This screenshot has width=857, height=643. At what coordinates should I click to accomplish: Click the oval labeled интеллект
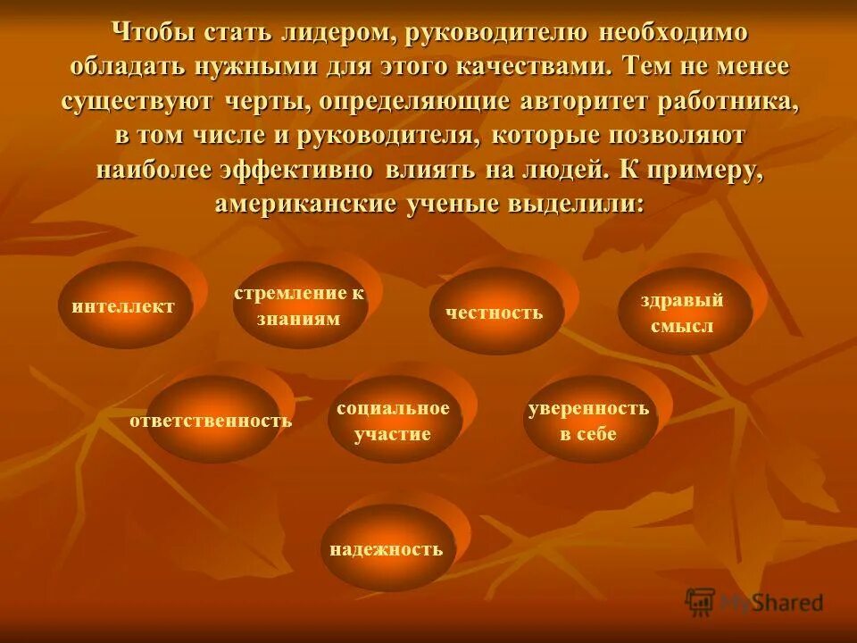[x=124, y=306]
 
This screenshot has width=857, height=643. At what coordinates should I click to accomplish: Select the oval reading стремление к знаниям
[x=299, y=306]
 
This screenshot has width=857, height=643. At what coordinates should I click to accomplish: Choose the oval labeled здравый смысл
[x=682, y=312]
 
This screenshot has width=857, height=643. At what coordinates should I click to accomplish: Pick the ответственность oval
[x=212, y=420]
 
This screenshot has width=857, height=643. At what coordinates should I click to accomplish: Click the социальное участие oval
[x=393, y=421]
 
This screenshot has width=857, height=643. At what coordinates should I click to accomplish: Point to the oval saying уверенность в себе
[x=588, y=421]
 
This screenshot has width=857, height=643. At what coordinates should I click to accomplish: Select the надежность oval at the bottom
[x=386, y=548]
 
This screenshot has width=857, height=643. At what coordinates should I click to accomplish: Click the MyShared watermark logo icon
[x=701, y=603]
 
